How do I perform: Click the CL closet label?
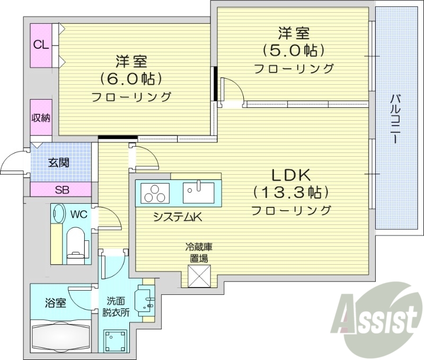pos(41,45)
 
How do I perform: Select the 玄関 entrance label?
pos(59,163)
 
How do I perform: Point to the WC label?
pos(78,214)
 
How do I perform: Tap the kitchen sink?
pos(198,192)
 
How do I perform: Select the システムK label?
pos(174,217)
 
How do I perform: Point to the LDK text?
pos(290,175)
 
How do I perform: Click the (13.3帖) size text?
pos(291,192)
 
